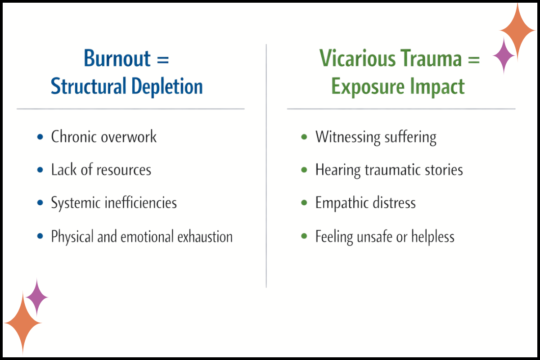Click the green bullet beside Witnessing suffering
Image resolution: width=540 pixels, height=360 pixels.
point(305,136)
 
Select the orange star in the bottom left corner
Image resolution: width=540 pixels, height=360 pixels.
point(22,323)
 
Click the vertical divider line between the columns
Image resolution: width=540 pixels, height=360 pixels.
point(266,180)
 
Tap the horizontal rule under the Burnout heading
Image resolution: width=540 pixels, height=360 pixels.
point(130,109)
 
